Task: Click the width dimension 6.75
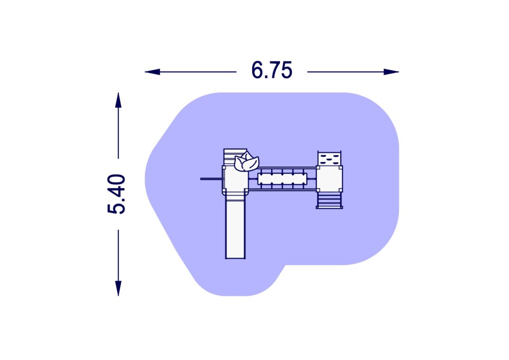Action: point(272,70)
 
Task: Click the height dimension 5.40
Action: point(116,194)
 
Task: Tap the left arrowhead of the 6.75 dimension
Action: point(152,72)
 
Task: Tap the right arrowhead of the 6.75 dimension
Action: point(391,72)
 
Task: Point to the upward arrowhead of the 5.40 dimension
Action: point(118,100)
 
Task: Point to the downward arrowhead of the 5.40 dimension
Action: point(118,288)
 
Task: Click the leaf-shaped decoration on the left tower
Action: point(247,162)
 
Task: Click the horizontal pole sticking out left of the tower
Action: point(212,179)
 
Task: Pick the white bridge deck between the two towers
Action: point(282,179)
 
